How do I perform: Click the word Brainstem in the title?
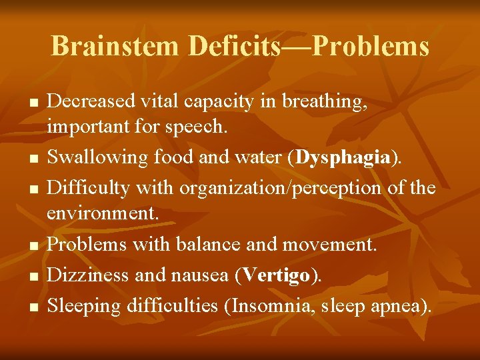click(115, 47)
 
